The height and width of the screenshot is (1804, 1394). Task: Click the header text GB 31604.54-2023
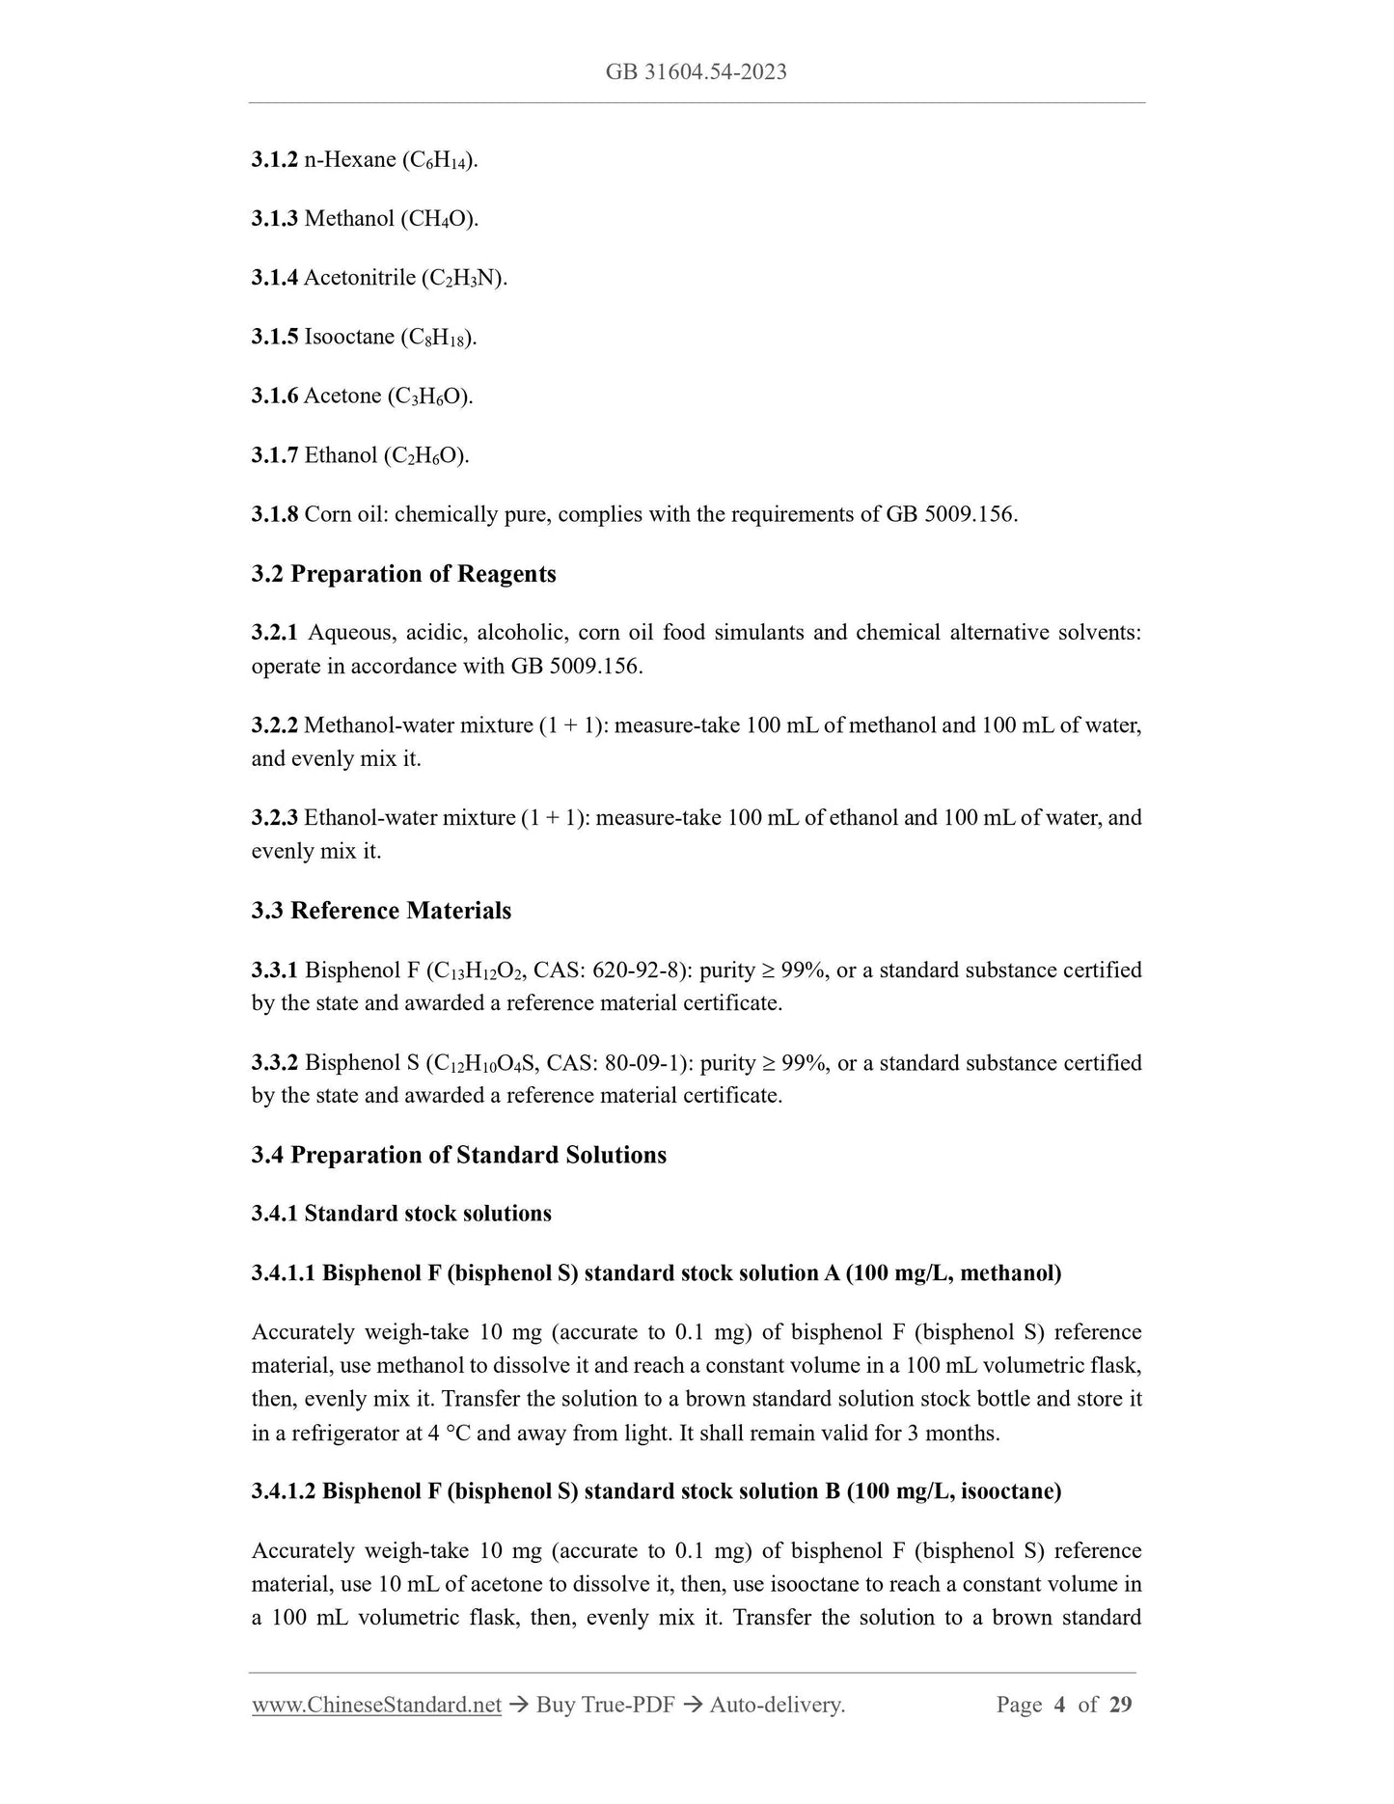point(696,72)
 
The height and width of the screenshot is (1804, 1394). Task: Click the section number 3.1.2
point(274,160)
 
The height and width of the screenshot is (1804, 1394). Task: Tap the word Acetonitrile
point(359,279)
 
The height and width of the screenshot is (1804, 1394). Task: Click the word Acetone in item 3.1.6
point(342,396)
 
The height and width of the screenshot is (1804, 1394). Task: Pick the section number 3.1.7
point(274,455)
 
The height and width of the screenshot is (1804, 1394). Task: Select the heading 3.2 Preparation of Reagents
point(403,574)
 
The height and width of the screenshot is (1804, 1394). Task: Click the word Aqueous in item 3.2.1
point(349,633)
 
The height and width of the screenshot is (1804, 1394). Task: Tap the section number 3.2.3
point(274,818)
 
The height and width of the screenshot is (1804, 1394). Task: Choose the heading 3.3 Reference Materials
point(381,911)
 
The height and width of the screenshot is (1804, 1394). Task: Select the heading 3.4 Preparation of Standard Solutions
point(458,1155)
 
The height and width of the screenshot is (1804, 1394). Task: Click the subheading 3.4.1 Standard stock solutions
point(401,1214)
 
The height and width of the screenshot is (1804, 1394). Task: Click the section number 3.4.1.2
point(284,1491)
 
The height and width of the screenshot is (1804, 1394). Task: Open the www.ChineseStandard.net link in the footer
point(376,1705)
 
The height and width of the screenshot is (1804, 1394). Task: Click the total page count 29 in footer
point(1120,1705)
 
